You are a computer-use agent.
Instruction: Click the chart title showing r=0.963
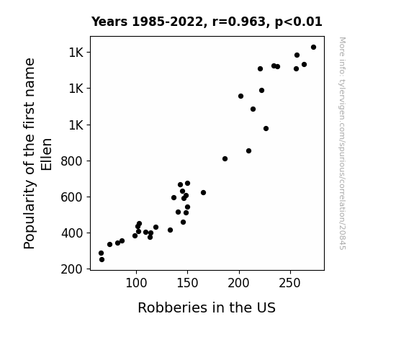pyautogui.click(x=207, y=22)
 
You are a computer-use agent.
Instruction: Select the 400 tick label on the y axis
pyautogui.click(x=71, y=233)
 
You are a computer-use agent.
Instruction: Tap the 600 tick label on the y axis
pyautogui.click(x=71, y=197)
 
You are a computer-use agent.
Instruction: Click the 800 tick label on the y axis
pyautogui.click(x=71, y=161)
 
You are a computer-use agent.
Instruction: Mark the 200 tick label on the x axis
pyautogui.click(x=239, y=283)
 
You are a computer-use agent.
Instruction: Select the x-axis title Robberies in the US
pyautogui.click(x=207, y=307)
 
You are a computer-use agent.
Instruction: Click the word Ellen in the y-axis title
pyautogui.click(x=47, y=154)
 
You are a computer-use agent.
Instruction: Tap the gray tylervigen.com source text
pyautogui.click(x=342, y=143)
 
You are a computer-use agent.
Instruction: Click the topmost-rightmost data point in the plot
pyautogui.click(x=313, y=48)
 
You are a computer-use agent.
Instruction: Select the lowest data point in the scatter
pyautogui.click(x=102, y=260)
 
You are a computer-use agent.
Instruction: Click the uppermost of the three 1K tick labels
pyautogui.click(x=76, y=53)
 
